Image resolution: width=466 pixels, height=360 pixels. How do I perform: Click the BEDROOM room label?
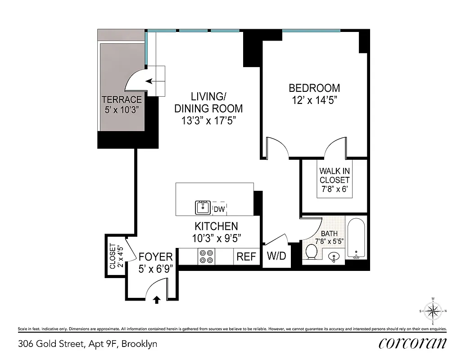click(x=314, y=88)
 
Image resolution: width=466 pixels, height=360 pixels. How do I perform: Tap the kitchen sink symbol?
click(x=203, y=208)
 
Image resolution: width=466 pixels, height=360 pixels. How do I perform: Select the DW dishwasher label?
click(x=219, y=209)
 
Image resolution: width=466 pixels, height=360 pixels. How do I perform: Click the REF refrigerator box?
click(x=246, y=256)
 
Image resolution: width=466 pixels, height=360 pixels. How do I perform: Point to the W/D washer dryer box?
click(x=276, y=256)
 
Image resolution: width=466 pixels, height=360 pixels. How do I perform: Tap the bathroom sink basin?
click(x=334, y=257)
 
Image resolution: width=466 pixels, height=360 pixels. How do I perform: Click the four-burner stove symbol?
click(x=206, y=256)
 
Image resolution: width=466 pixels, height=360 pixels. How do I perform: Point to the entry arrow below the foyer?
click(x=157, y=300)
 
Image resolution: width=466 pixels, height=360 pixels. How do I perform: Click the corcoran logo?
click(x=412, y=343)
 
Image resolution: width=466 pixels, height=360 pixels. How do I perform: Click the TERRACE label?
click(x=122, y=100)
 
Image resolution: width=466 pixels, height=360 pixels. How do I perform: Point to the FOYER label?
click(x=155, y=257)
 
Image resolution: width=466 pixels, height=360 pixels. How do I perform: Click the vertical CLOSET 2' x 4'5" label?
click(x=116, y=257)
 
